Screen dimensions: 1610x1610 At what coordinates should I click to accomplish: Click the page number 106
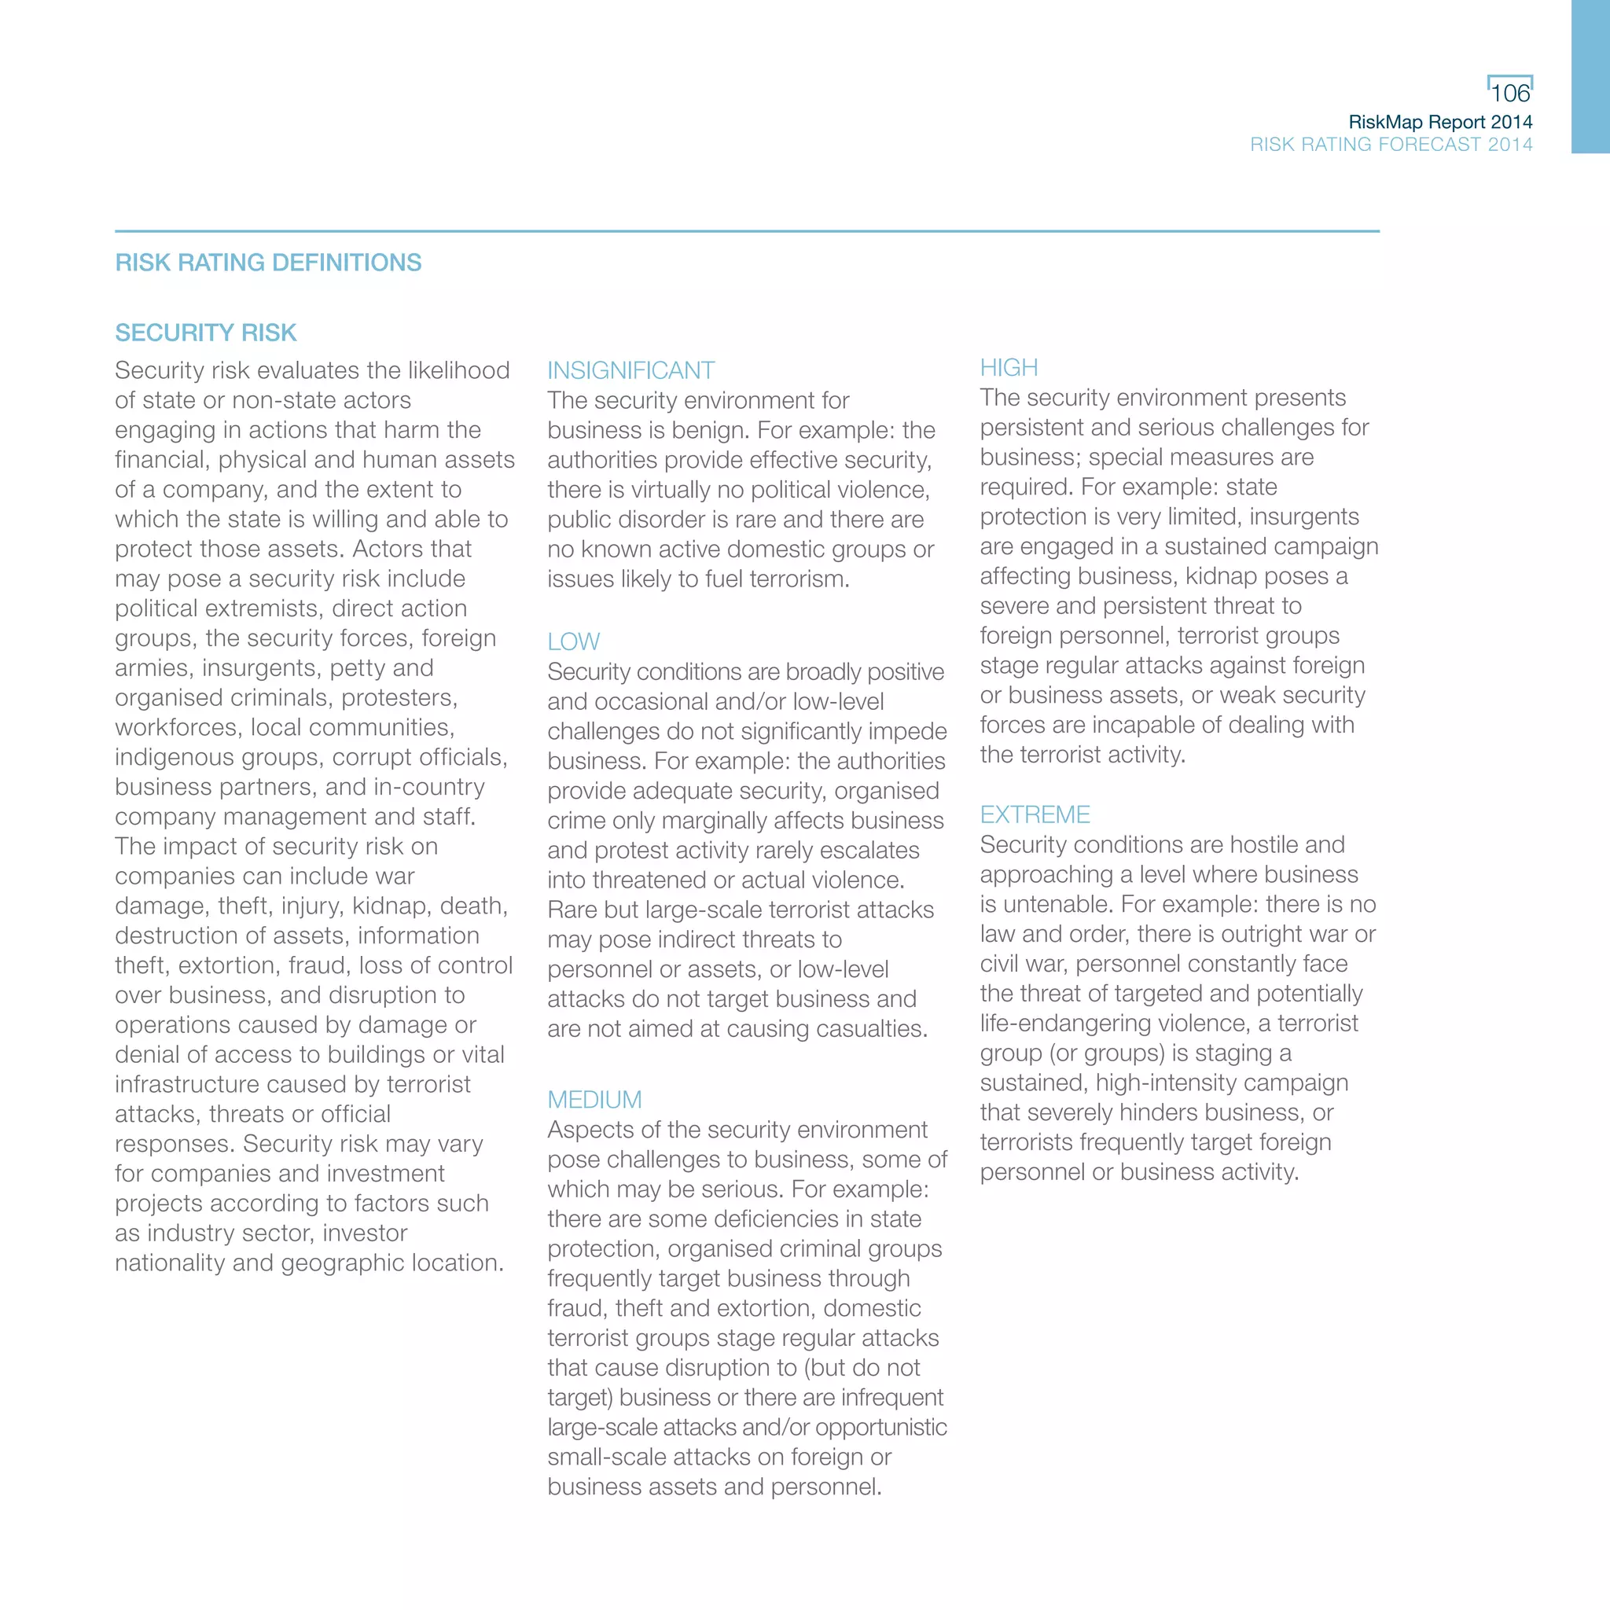pos(1509,94)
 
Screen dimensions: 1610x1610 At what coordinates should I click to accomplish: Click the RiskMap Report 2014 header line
pos(1440,122)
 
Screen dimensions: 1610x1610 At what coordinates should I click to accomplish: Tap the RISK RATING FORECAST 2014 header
pos(1391,144)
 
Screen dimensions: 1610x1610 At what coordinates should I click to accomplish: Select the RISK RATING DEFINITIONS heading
pos(268,263)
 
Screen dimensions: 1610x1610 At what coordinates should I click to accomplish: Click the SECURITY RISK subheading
pos(206,333)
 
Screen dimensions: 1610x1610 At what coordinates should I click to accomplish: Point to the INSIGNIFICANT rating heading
pos(630,370)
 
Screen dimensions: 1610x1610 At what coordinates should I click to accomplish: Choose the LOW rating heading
pos(573,641)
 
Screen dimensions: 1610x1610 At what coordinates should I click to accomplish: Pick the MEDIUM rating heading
pos(594,1100)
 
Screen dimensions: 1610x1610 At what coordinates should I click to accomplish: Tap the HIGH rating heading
pos(1009,367)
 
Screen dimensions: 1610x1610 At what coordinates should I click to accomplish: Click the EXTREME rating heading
pos(1035,814)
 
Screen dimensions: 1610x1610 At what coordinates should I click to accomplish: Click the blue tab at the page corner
pos(1590,77)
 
